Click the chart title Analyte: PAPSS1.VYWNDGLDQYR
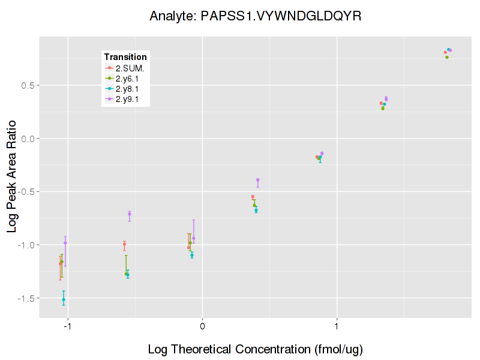255,16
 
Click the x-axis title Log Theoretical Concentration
255,349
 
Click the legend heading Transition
125,57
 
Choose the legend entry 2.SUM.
130,68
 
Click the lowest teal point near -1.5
64,299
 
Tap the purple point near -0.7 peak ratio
129,214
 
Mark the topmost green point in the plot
447,57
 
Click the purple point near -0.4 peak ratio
257,180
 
